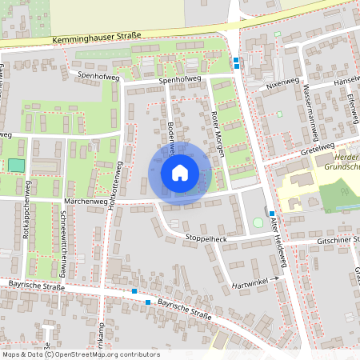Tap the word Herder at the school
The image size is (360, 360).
tap(345, 158)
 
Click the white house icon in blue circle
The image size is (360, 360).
tap(180, 173)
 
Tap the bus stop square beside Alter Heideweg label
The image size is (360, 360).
tap(272, 214)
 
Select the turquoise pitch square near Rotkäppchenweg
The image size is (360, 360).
tap(16, 165)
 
